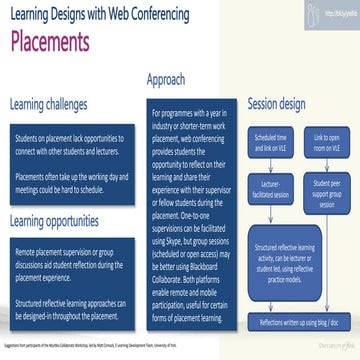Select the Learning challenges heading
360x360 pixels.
tap(58, 104)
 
